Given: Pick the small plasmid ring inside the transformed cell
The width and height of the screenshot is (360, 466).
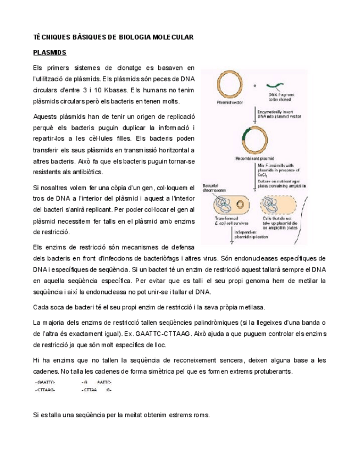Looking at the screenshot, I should pyautogui.click(x=239, y=206).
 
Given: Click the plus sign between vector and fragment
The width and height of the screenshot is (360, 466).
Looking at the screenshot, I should pyautogui.click(x=255, y=86).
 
